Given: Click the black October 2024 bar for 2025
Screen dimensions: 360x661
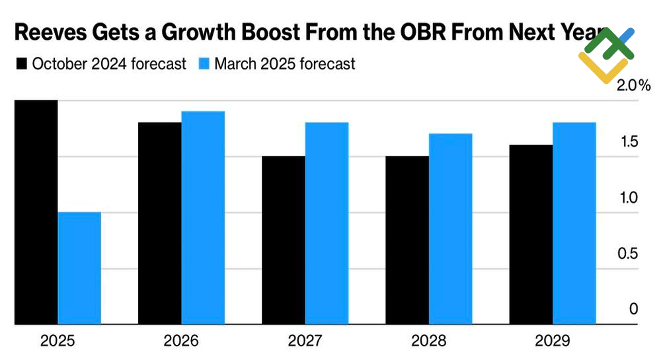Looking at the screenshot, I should click(x=36, y=212).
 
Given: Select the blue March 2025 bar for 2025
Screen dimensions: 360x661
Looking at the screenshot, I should click(x=79, y=268).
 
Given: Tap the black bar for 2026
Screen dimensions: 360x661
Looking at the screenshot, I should click(x=159, y=223).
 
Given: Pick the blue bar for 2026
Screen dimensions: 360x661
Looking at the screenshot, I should click(x=203, y=218).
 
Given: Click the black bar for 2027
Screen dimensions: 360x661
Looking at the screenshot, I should click(x=284, y=240).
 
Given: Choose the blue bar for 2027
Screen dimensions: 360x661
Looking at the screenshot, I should click(x=327, y=223).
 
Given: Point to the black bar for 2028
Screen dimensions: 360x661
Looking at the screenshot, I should click(x=407, y=240).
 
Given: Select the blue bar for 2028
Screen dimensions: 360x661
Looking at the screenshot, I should click(x=450, y=229).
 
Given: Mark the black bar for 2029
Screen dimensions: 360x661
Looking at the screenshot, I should click(x=531, y=234).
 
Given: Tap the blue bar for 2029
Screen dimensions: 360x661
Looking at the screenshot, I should click(x=574, y=223).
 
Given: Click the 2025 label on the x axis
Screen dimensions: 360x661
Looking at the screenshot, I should click(x=58, y=341).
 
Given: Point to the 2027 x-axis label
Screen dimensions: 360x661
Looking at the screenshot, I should click(x=305, y=341).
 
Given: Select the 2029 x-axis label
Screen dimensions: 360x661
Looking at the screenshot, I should click(x=553, y=341).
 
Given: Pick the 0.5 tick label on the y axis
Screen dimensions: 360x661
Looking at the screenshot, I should click(x=628, y=254).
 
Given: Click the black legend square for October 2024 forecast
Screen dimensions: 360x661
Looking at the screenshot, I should click(x=21, y=64).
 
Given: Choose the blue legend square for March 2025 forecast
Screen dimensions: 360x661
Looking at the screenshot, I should click(x=204, y=64).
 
